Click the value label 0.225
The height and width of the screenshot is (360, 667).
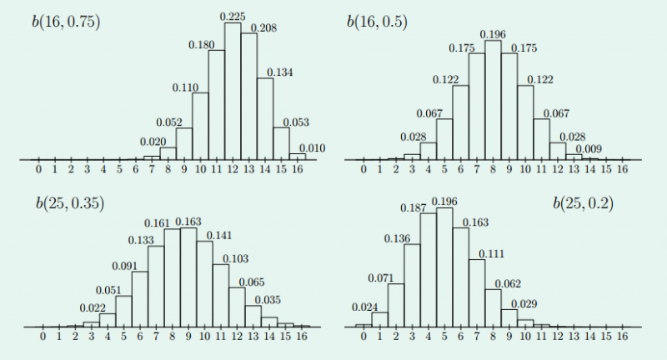point(233,16)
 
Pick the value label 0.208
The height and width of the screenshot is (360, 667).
point(263,27)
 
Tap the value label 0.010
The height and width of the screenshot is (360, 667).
point(310,147)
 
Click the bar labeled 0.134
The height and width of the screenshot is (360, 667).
point(265,117)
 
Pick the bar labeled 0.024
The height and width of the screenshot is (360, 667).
point(363,325)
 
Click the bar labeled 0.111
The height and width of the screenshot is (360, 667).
point(476,292)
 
